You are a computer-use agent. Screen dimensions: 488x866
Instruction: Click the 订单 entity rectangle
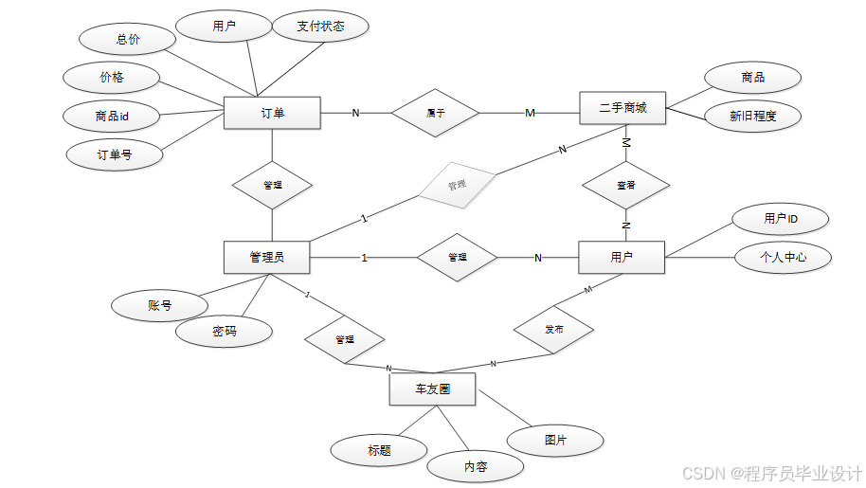273,113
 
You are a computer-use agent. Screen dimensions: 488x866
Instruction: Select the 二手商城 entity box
622,108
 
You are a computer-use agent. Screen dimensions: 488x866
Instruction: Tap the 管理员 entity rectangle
267,257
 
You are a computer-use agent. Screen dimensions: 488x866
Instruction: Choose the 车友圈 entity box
432,389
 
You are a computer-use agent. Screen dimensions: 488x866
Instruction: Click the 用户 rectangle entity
622,257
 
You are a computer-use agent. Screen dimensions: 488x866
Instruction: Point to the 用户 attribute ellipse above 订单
225,27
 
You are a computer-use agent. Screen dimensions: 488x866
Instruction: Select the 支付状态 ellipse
320,27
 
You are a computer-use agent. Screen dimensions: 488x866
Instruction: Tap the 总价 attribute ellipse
128,40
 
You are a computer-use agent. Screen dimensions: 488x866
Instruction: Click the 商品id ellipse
112,116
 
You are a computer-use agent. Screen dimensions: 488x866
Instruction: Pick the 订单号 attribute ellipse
115,154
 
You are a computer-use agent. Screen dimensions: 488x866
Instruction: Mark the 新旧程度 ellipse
753,116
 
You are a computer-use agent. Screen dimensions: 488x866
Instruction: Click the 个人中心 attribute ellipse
783,257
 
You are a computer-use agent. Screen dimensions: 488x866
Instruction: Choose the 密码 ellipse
225,332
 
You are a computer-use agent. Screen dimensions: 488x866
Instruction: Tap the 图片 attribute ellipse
556,441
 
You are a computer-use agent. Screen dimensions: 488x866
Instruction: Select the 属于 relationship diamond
436,113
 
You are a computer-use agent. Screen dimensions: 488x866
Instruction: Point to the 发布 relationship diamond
554,330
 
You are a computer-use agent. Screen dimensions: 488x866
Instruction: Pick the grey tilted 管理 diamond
458,185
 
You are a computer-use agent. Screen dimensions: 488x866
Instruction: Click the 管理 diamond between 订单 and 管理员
272,185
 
